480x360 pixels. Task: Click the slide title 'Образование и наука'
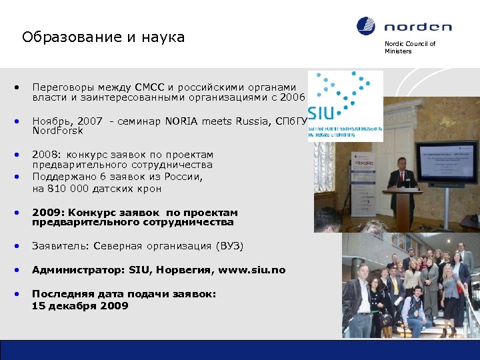point(103,37)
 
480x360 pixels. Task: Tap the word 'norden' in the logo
point(418,27)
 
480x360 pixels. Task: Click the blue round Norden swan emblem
point(366,26)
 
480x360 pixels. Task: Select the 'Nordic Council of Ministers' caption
point(409,47)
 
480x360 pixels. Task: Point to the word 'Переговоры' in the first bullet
point(64,87)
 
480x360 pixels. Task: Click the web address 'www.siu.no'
point(255,270)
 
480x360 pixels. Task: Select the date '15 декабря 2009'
point(80,306)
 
